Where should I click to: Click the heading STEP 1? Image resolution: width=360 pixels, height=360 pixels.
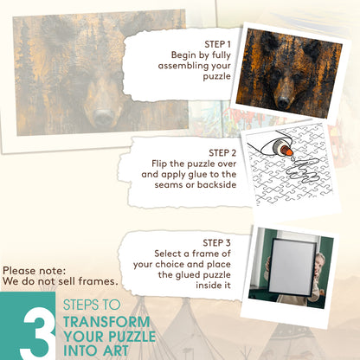click(x=217, y=44)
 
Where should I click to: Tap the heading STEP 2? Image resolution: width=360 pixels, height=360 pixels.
click(x=222, y=153)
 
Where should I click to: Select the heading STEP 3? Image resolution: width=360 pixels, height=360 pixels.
click(x=216, y=243)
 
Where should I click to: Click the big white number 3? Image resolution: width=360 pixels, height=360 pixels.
click(x=38, y=333)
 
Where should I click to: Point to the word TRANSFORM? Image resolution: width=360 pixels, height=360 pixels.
click(x=106, y=322)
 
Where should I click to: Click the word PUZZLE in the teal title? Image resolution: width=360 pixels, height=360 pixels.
click(x=132, y=337)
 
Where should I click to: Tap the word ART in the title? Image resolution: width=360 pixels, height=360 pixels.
click(x=116, y=350)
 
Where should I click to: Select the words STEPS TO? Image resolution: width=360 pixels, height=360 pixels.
click(x=92, y=305)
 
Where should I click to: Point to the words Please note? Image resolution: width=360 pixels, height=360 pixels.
click(x=35, y=271)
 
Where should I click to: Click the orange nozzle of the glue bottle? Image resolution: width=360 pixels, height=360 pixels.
click(x=286, y=151)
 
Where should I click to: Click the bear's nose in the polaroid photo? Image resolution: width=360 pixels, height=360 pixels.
click(x=283, y=100)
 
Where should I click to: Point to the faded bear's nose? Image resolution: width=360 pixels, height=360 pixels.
click(x=104, y=117)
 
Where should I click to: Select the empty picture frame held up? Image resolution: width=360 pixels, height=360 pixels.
click(x=292, y=267)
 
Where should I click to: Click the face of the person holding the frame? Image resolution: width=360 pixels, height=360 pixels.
click(x=319, y=260)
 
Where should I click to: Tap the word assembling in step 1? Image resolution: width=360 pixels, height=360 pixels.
click(x=183, y=66)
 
